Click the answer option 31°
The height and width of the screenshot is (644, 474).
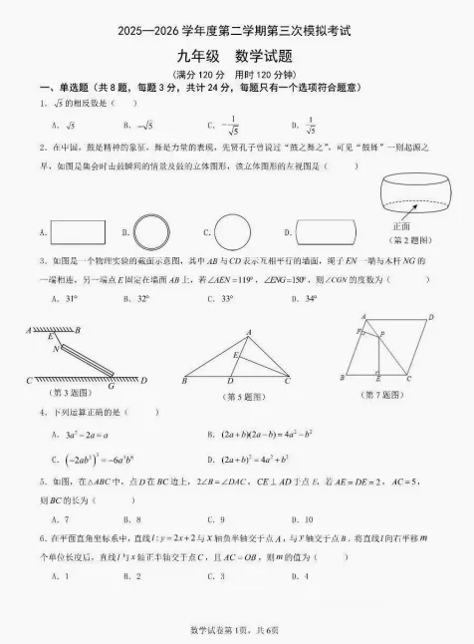(63, 298)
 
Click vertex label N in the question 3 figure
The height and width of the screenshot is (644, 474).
(56, 350)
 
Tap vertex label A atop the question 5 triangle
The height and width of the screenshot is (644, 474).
(249, 332)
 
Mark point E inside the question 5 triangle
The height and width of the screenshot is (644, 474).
(234, 355)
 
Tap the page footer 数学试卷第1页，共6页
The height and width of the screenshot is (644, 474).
(236, 630)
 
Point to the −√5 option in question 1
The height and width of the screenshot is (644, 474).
(140, 126)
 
